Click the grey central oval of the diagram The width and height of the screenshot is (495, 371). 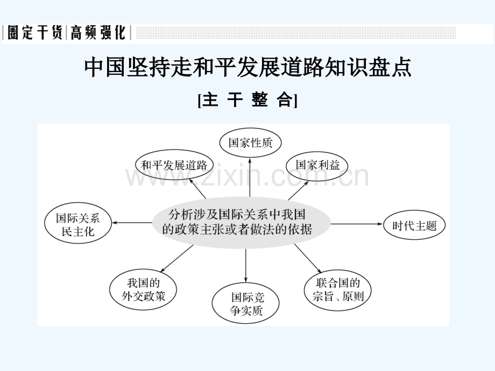coord(241,223)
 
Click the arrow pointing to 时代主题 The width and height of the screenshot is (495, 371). coord(357,224)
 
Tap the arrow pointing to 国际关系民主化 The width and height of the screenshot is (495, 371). coord(132,223)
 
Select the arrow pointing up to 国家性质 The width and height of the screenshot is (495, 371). coord(250,177)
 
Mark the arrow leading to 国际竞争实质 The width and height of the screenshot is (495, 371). coord(245,265)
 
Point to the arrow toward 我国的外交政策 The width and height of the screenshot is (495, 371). coord(177,259)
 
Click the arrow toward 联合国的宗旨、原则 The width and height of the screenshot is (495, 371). coord(308,259)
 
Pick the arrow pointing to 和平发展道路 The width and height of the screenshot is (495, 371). coord(197,188)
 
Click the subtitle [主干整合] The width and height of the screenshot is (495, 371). coord(247,100)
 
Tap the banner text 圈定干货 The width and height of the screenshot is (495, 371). coord(35,32)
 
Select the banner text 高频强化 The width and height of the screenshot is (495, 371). coord(98,32)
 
